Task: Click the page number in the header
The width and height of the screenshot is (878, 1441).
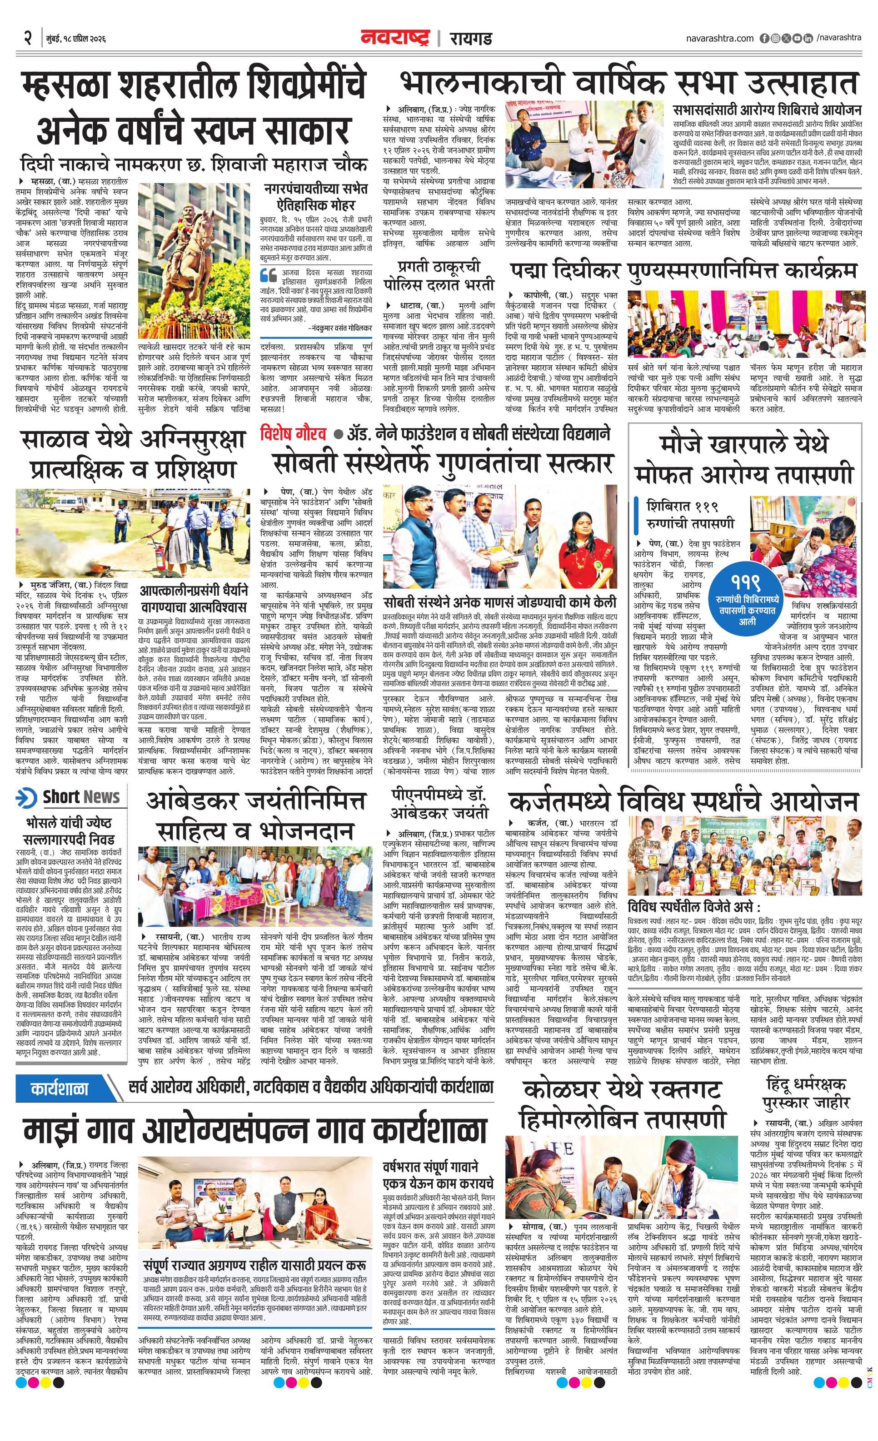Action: click(x=27, y=39)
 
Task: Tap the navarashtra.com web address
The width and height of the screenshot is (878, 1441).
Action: click(x=720, y=38)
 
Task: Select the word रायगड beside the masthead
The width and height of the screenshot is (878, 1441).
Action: click(x=470, y=39)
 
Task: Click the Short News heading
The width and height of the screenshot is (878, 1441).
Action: click(x=81, y=796)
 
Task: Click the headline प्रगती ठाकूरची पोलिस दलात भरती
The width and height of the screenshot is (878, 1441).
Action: click(x=439, y=274)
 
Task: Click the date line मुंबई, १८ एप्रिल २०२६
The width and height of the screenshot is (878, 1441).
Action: click(x=75, y=39)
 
